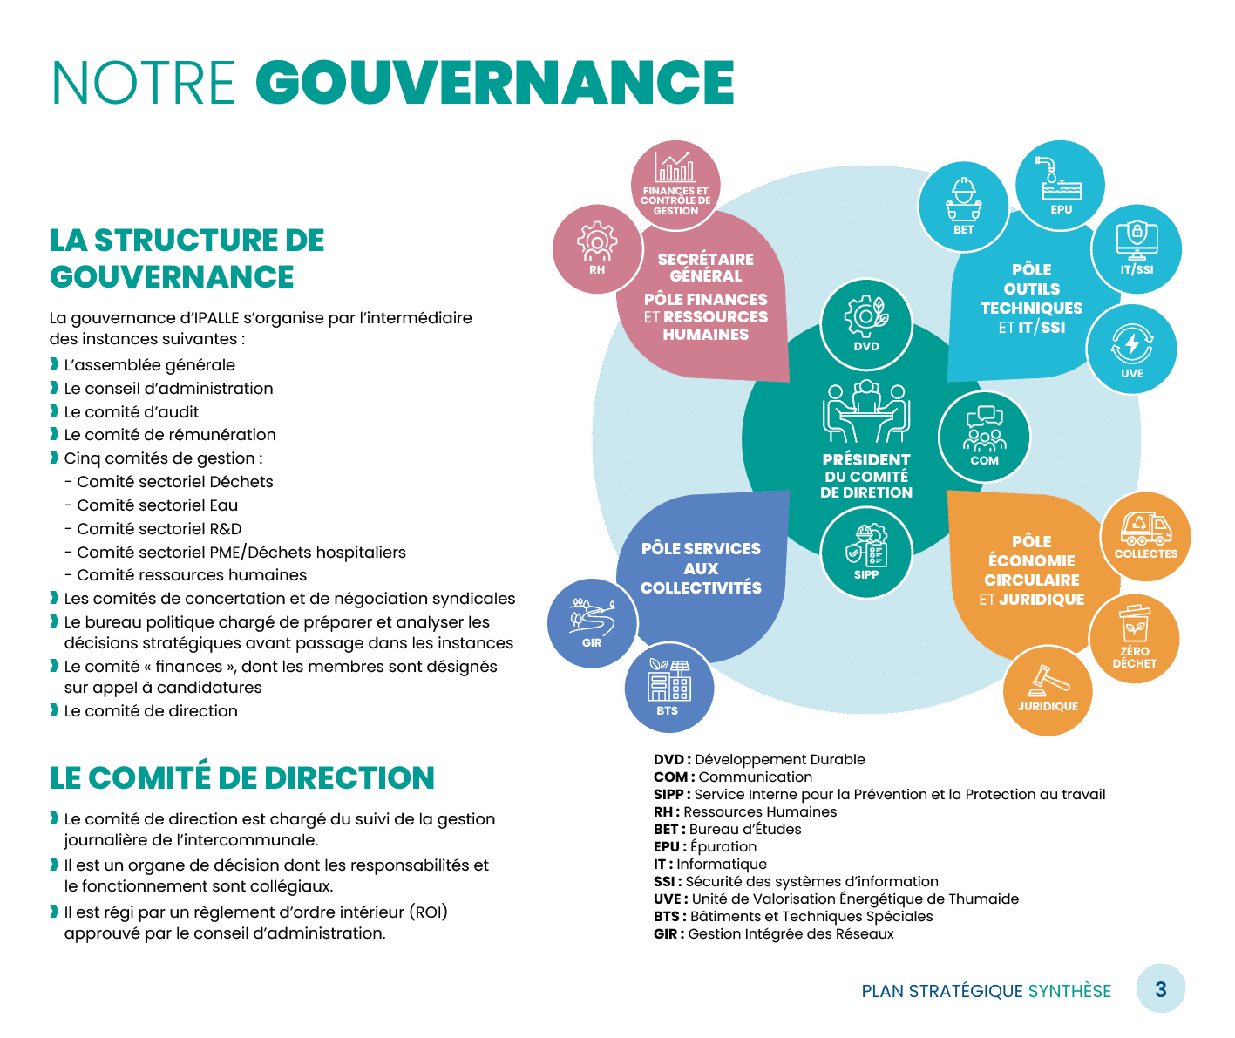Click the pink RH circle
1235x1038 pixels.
597,248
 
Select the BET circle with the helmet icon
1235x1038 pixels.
963,206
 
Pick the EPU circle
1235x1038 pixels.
1061,186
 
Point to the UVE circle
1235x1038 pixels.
1132,349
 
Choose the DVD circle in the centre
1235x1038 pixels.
866,325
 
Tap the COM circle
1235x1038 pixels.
984,436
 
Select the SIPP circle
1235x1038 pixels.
866,553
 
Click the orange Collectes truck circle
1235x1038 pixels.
1145,535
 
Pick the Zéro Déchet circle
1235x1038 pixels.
1135,637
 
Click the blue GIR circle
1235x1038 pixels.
592,622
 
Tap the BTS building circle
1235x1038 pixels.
668,689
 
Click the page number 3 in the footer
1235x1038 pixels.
1161,989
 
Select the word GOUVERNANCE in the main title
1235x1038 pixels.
495,84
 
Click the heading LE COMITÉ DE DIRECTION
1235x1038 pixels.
242,777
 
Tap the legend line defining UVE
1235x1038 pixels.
836,899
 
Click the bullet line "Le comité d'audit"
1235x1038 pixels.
132,411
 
